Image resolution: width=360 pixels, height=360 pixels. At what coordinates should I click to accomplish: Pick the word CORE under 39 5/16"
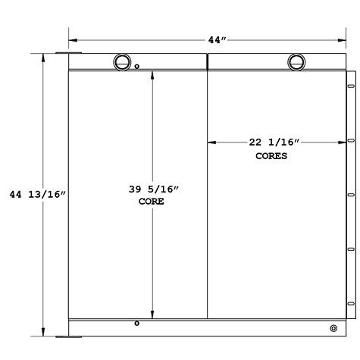click(x=152, y=203)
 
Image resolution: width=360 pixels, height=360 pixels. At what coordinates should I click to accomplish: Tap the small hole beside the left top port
click(x=137, y=67)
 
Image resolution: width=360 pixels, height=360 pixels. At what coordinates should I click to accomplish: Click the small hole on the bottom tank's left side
click(x=136, y=324)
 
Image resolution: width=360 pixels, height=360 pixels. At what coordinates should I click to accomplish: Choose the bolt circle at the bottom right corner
click(x=333, y=328)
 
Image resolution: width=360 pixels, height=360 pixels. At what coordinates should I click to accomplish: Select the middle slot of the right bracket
click(x=351, y=194)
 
